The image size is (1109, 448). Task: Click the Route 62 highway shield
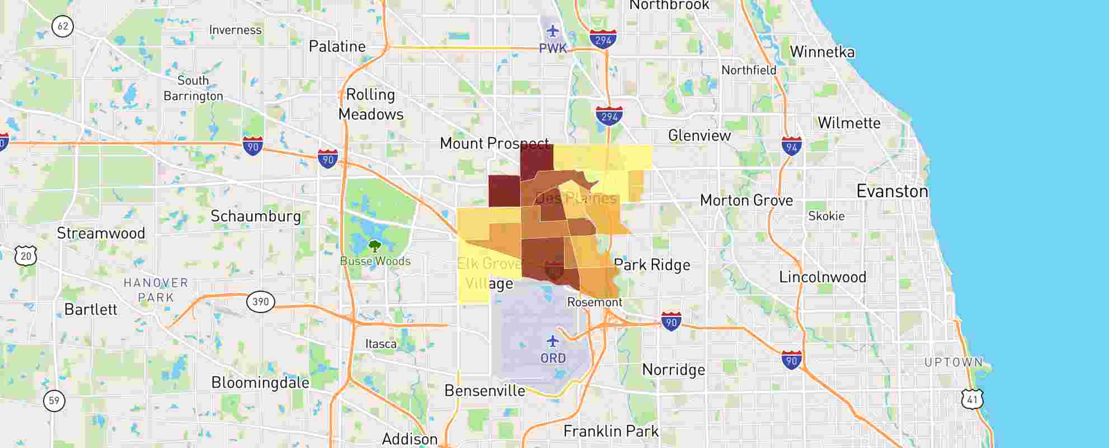coord(63,26)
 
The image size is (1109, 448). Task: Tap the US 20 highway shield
coord(26,256)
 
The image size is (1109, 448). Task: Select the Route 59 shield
coord(54,400)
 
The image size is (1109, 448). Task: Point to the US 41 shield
coord(972,399)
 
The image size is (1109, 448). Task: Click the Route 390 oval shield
coord(261,302)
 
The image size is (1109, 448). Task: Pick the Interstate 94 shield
coord(791,147)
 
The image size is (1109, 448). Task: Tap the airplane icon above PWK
coord(553,31)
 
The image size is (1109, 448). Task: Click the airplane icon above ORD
coord(553,340)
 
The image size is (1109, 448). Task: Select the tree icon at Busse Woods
coord(375,246)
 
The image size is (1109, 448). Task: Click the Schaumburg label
coord(256,216)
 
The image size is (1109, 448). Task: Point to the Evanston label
coord(892,192)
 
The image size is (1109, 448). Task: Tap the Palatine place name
coord(337,46)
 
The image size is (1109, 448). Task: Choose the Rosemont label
coord(594,302)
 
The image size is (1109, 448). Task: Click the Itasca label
coord(380,344)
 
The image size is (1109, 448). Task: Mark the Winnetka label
coord(822,52)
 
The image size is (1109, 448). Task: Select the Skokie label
coord(826,216)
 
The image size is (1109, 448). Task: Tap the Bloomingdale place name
coord(260,382)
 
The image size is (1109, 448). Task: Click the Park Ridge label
coord(652,265)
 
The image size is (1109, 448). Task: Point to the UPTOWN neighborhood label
coord(953,362)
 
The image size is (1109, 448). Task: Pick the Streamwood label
coord(101,233)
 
